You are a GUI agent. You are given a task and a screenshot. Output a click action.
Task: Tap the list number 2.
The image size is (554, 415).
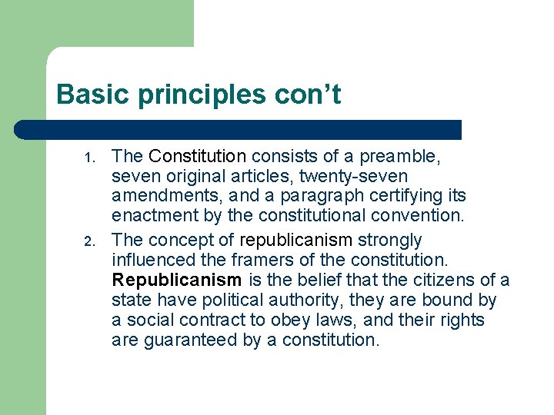point(89,244)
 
